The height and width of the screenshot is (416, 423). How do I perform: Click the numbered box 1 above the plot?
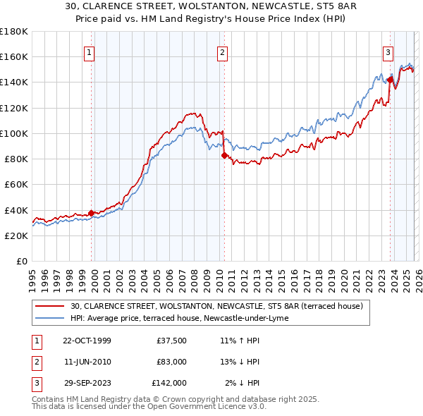90,51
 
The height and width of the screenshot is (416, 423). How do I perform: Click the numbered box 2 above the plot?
223,51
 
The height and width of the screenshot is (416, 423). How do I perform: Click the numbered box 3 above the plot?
388,51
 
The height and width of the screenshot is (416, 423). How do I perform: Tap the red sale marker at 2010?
224,155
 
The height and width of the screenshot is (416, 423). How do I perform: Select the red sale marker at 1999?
92,213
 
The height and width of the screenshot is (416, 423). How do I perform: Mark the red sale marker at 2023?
390,80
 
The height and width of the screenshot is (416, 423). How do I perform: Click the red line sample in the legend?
50,306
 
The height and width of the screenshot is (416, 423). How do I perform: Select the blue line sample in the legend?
50,318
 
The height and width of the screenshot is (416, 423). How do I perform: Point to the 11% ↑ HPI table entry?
240,341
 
